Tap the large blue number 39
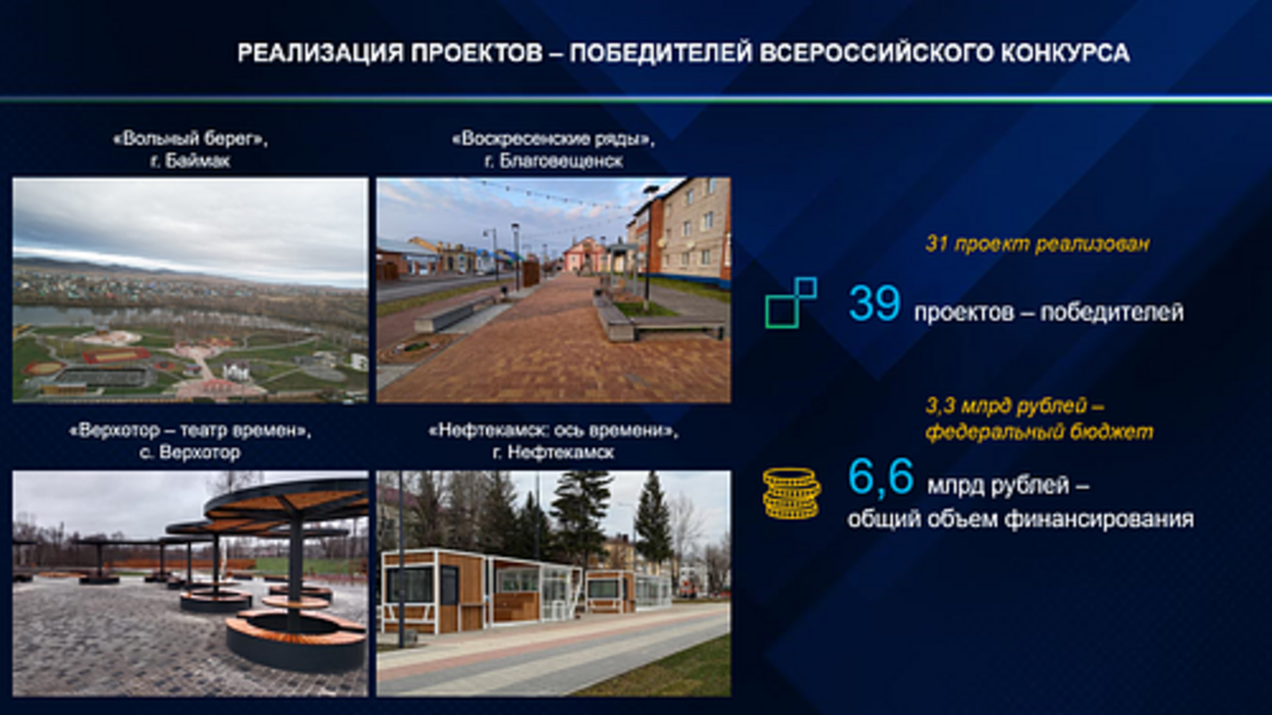point(874,304)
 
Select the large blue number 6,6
point(880,477)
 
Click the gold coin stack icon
point(791,494)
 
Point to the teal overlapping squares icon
point(790,302)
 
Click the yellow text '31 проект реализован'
point(1037,244)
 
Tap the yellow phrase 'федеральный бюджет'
point(1038,432)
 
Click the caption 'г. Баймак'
point(190,161)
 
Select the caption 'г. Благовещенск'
point(553,161)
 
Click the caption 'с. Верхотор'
point(190,453)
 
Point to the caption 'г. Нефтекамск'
point(553,453)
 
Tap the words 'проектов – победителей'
point(1048,313)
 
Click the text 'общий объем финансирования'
point(1020,519)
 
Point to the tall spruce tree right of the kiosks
point(654,517)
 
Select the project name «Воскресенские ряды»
point(553,139)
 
